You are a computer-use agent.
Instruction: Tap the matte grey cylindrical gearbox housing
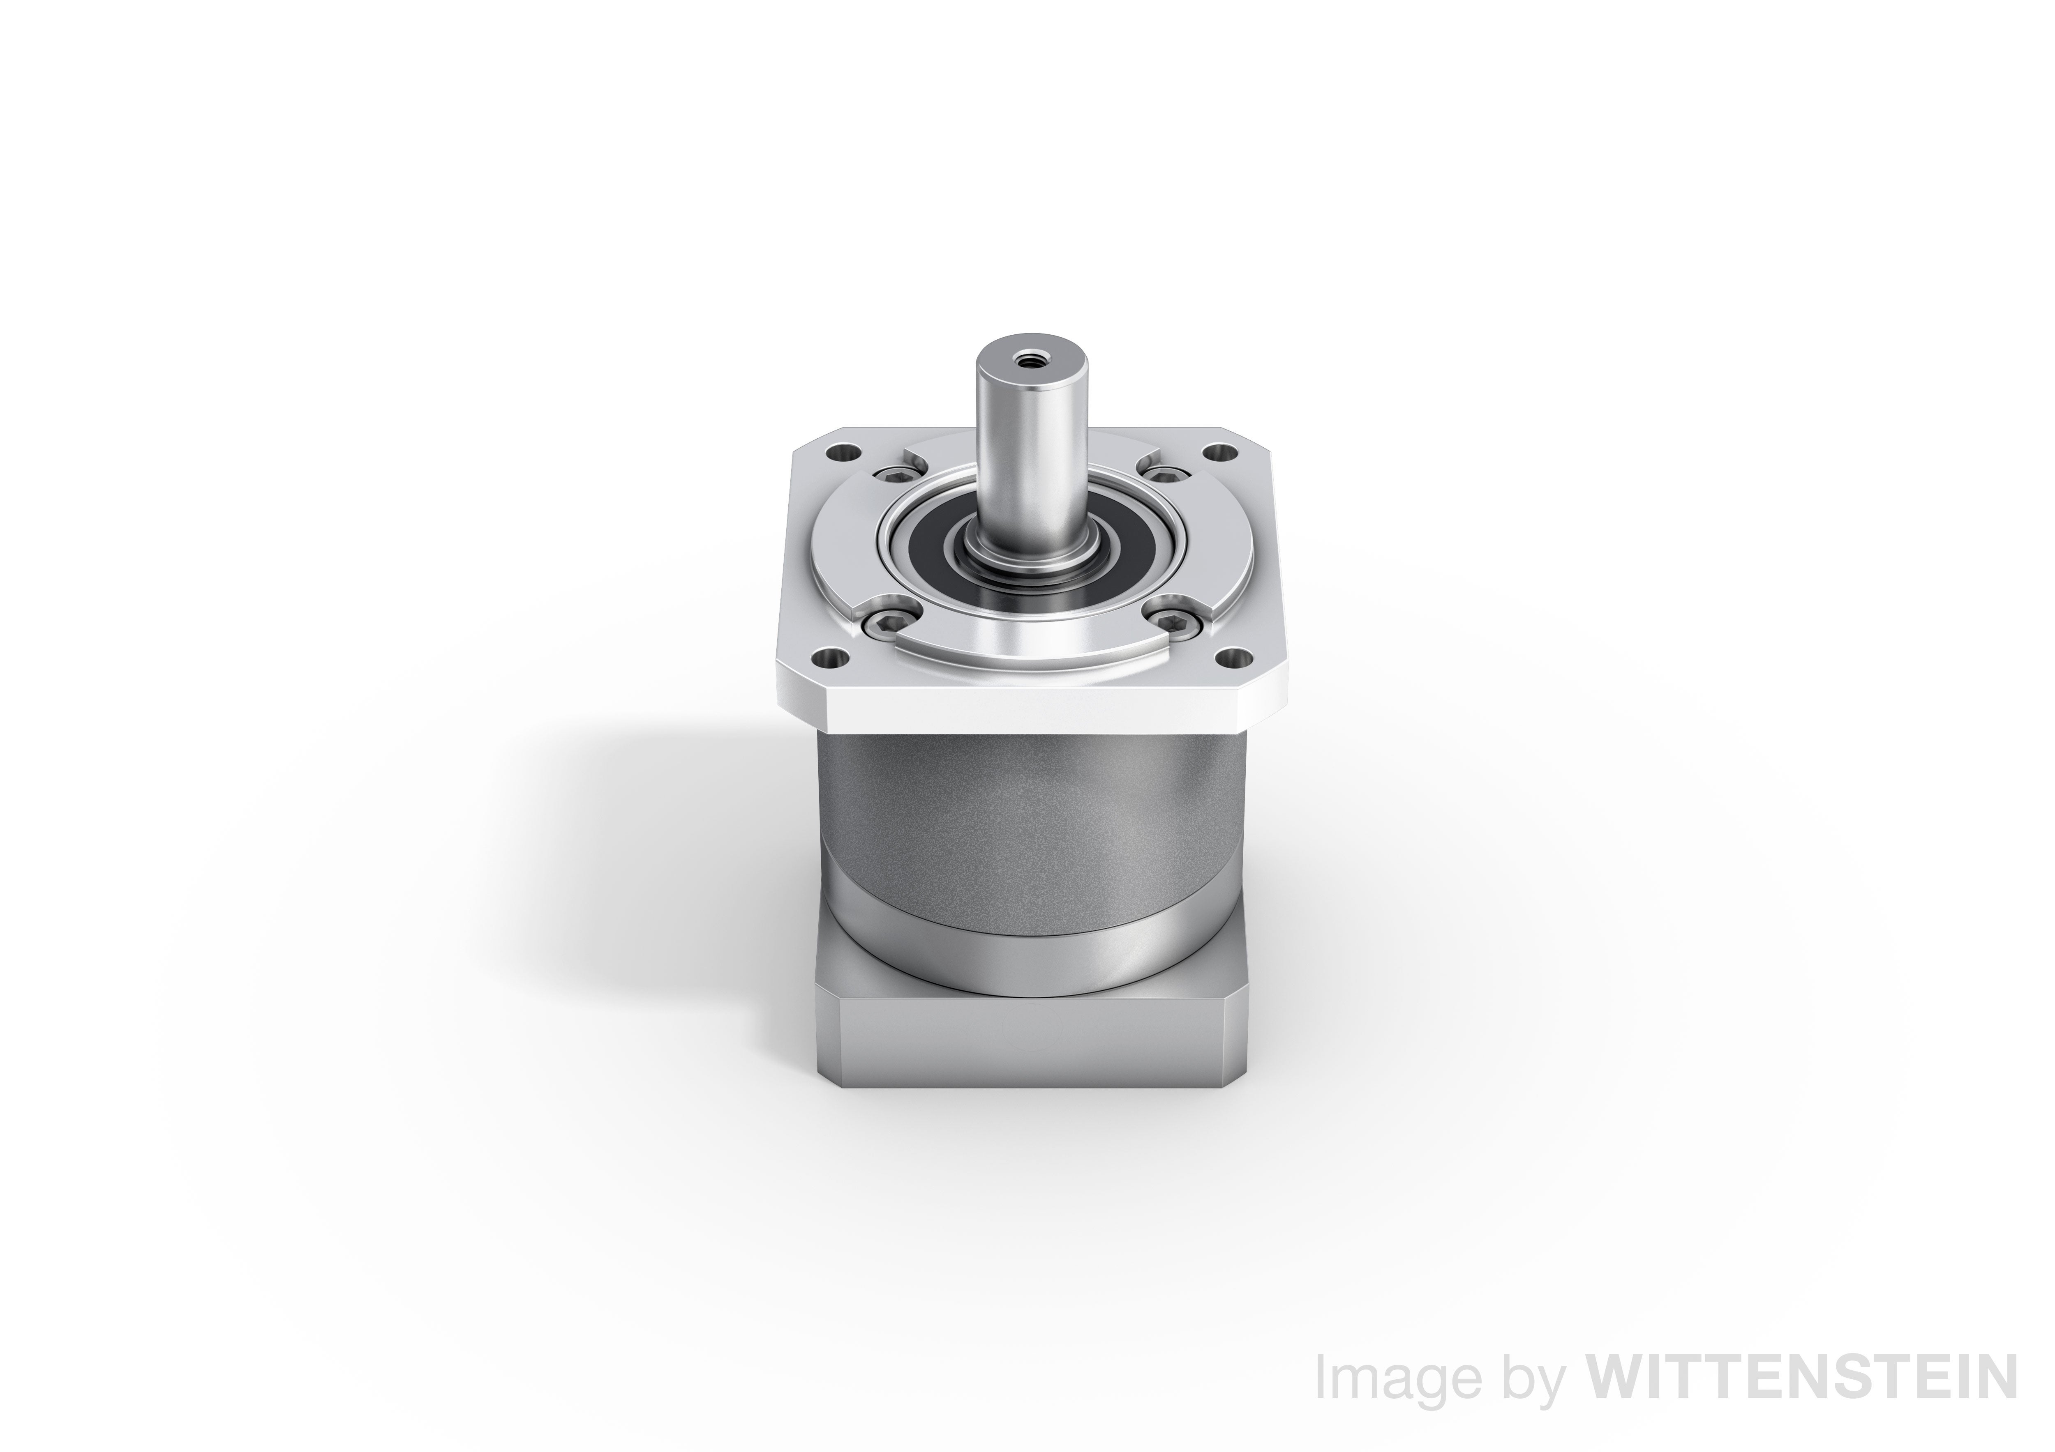tap(1029, 805)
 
